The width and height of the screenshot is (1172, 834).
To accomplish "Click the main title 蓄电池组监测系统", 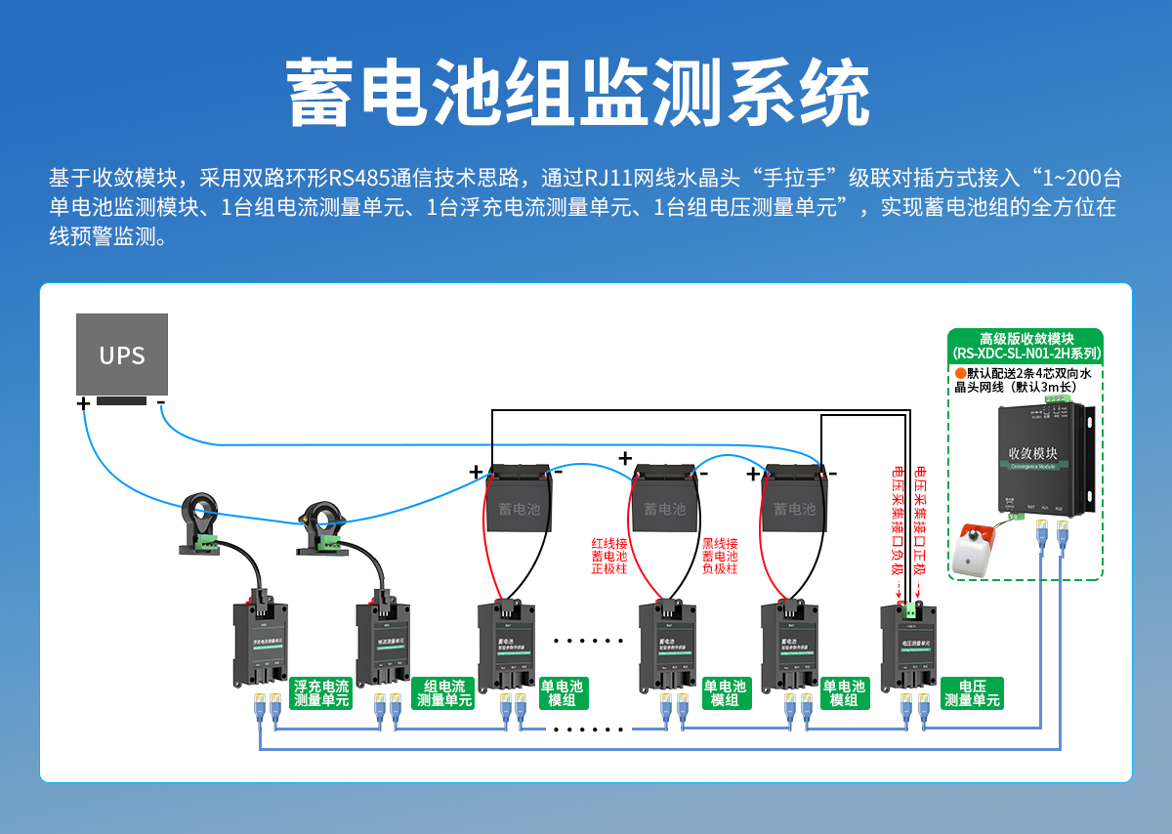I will [578, 93].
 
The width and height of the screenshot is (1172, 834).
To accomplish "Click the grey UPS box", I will [122, 354].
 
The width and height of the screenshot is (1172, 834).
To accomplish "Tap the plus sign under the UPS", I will [83, 402].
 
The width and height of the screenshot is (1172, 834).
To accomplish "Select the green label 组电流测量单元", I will [444, 693].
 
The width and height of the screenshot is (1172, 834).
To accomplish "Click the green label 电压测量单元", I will [972, 693].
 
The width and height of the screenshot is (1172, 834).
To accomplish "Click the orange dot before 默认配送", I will [960, 374].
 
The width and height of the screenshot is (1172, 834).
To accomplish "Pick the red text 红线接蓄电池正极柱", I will [610, 556].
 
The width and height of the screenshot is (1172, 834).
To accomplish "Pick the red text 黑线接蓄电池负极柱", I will [720, 556].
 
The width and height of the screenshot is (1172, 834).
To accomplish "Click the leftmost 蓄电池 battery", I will [519, 503].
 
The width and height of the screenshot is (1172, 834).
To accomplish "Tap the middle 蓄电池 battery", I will [665, 503].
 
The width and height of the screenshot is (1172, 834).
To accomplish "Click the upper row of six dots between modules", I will [588, 642].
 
